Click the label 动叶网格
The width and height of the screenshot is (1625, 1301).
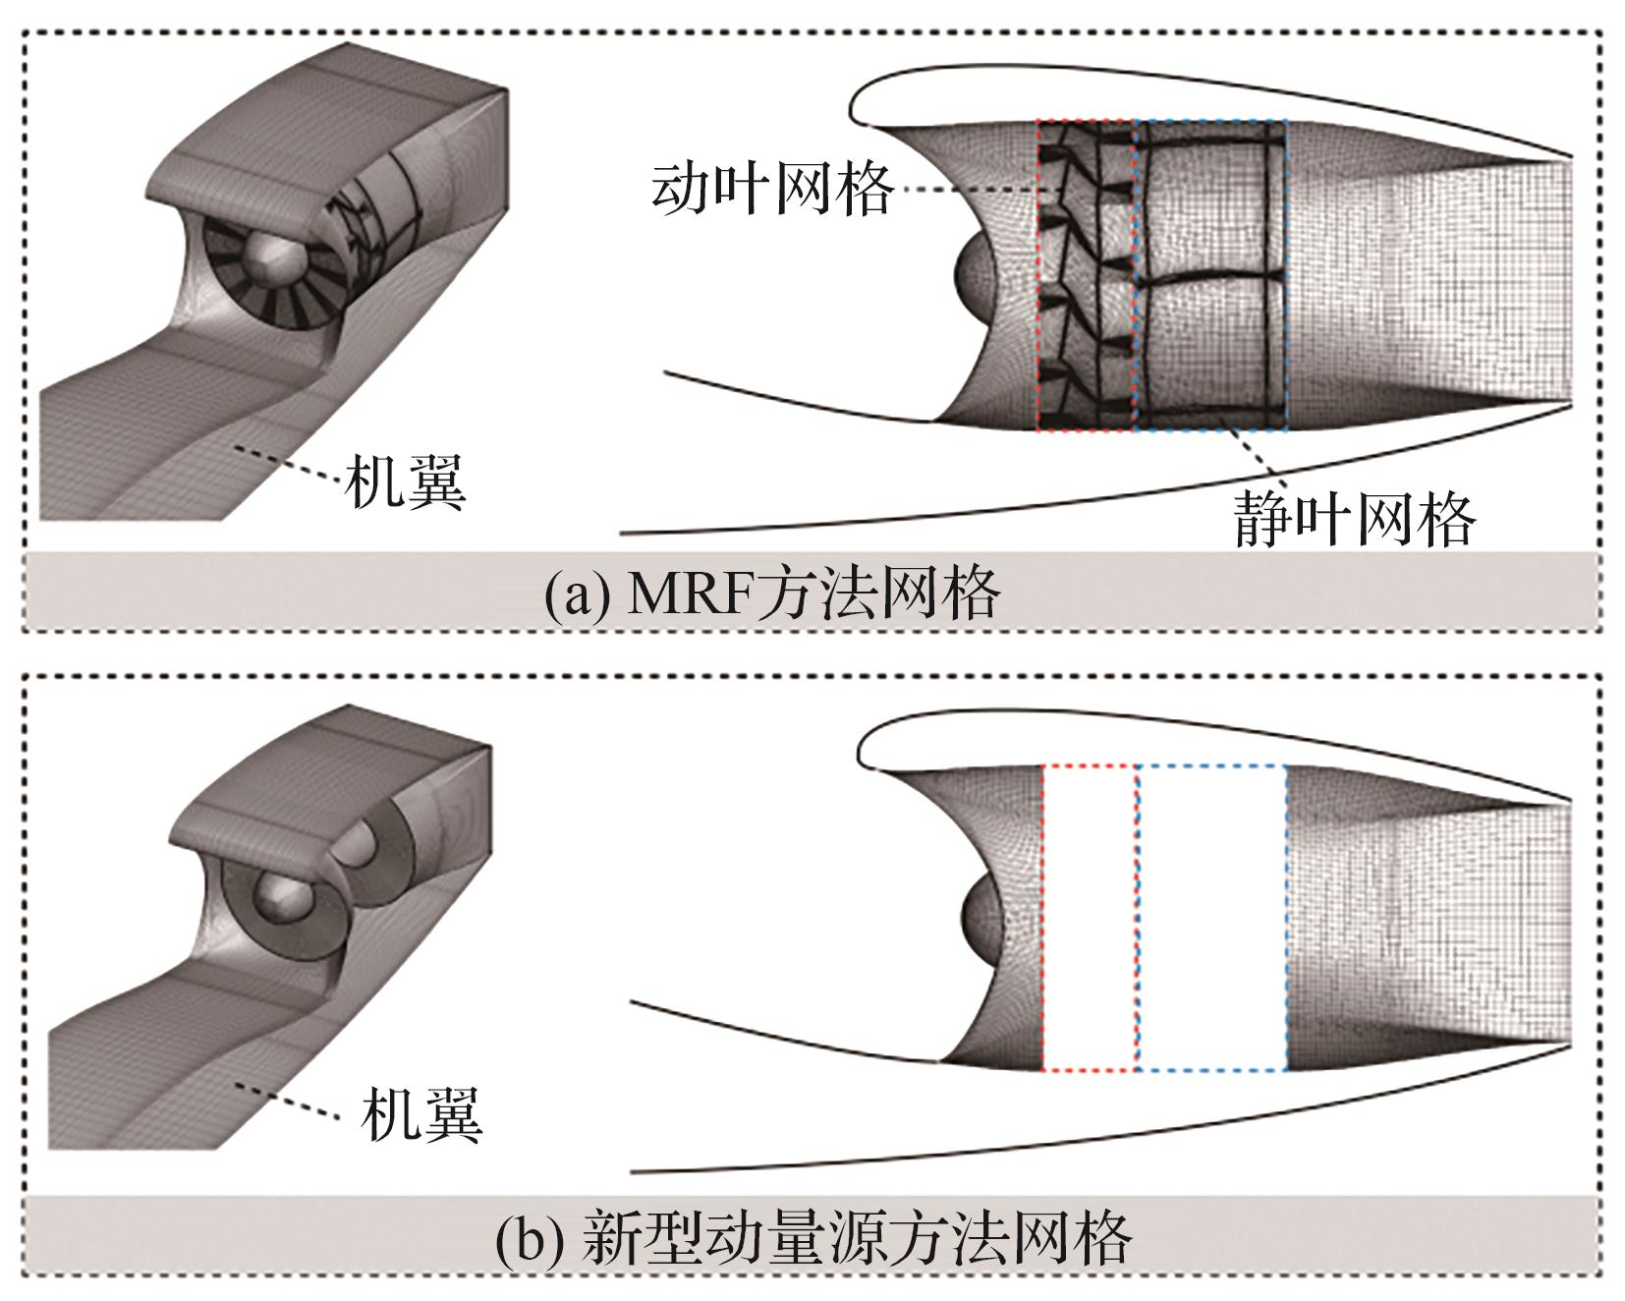click(771, 189)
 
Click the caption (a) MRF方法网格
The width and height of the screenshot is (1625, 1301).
click(772, 593)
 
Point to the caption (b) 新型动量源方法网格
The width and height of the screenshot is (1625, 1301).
click(812, 1237)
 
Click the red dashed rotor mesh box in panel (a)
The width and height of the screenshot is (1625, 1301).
click(1086, 275)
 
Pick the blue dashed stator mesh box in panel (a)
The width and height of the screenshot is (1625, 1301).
click(1210, 275)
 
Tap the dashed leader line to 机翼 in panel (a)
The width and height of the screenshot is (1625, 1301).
click(290, 465)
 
